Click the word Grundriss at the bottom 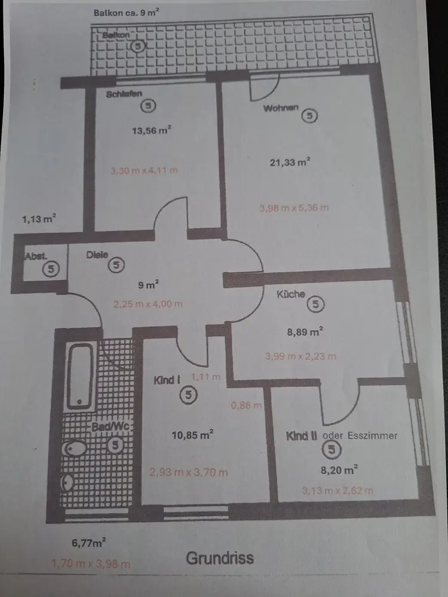pyautogui.click(x=220, y=558)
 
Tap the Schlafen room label pyautogui.click(x=124, y=94)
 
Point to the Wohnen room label pyautogui.click(x=281, y=109)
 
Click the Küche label pyautogui.click(x=291, y=294)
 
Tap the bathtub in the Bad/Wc pyautogui.click(x=80, y=375)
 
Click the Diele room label pyautogui.click(x=97, y=255)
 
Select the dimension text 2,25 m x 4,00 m pyautogui.click(x=148, y=304)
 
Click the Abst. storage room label pyautogui.click(x=36, y=256)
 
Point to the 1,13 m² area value pyautogui.click(x=39, y=219)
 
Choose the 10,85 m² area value pyautogui.click(x=192, y=435)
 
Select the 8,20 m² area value pyautogui.click(x=339, y=470)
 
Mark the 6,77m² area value pyautogui.click(x=88, y=543)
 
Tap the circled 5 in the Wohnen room pyautogui.click(x=309, y=116)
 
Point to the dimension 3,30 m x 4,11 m pyautogui.click(x=144, y=171)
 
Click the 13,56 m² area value pyautogui.click(x=152, y=131)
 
